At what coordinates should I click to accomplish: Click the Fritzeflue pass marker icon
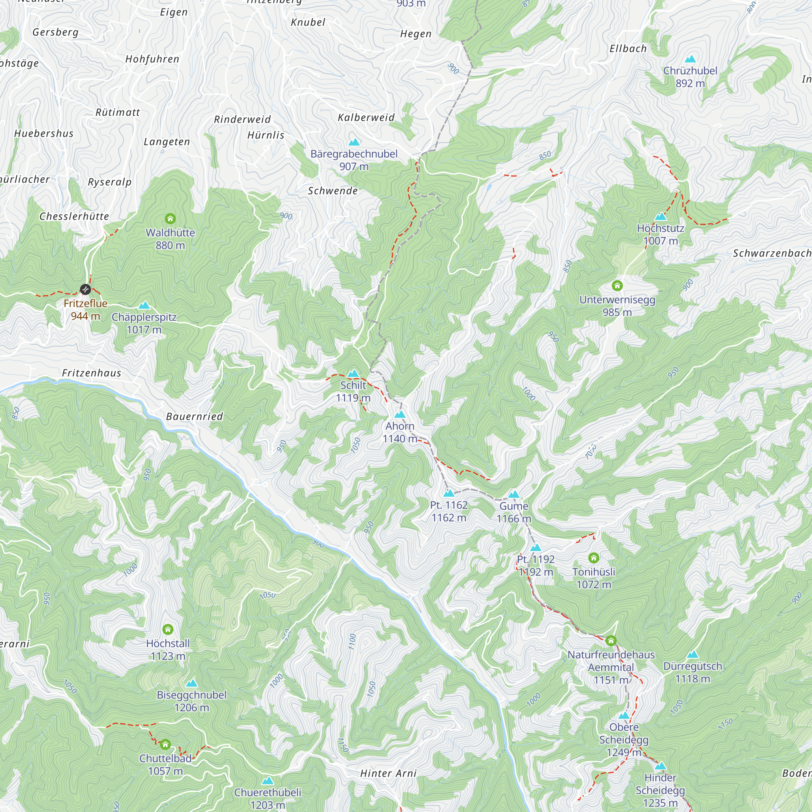click(x=85, y=289)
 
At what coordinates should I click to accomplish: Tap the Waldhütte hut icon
click(x=170, y=218)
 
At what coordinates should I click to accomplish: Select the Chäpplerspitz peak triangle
click(x=144, y=305)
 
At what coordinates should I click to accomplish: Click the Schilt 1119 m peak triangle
click(x=354, y=373)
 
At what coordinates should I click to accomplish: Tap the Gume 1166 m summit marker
click(x=514, y=494)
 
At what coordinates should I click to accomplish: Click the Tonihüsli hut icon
click(x=594, y=558)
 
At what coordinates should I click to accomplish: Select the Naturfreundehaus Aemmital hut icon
click(x=611, y=641)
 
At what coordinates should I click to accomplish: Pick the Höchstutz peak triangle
click(x=661, y=216)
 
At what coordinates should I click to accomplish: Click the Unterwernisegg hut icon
click(x=617, y=286)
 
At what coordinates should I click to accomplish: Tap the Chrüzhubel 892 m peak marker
click(x=690, y=59)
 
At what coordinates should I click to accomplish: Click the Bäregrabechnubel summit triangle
click(x=354, y=142)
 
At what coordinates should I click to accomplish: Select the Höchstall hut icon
click(x=168, y=629)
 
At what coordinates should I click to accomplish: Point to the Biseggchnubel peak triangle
click(x=192, y=683)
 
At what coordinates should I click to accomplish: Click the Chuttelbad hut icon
click(x=165, y=744)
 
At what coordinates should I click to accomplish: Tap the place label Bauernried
click(x=194, y=417)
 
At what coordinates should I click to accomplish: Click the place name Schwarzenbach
click(x=772, y=253)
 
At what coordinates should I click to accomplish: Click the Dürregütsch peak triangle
click(x=693, y=654)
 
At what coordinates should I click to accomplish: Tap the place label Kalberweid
click(x=367, y=118)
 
